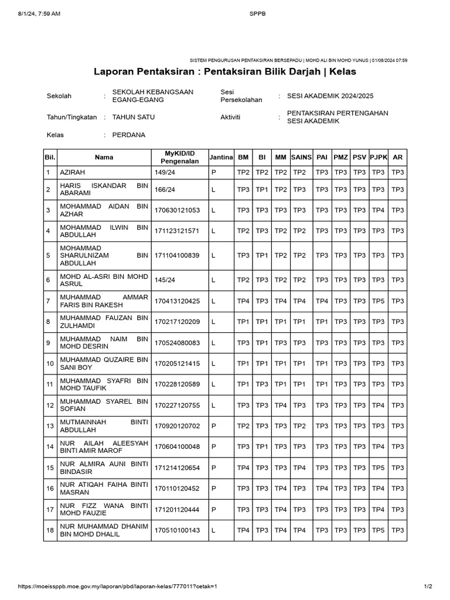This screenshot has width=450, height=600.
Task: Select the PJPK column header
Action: coord(379,157)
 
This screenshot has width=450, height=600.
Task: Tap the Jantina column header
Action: coord(221,157)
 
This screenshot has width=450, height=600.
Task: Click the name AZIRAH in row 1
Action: coord(71,173)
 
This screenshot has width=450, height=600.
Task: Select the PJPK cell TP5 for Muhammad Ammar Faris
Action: coord(379,301)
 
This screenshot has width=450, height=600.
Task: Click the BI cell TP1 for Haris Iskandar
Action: coord(262,190)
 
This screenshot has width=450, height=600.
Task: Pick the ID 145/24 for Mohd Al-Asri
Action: coord(165,280)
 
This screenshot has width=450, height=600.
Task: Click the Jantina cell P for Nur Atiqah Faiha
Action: coord(214,488)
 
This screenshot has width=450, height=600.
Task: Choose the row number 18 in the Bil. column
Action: coord(50,531)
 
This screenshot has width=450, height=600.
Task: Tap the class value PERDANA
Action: coord(128,135)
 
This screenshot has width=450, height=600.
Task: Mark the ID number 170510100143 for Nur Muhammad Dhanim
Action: coord(176,531)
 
